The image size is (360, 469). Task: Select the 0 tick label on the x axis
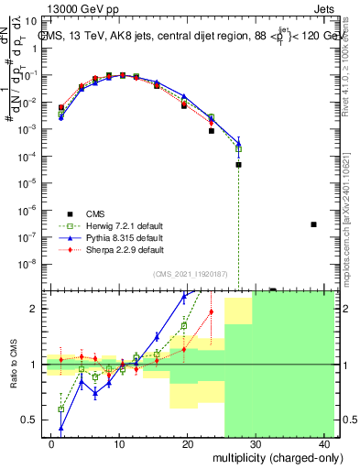click(x=51, y=442)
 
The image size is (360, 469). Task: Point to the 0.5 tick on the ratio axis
click(x=32, y=420)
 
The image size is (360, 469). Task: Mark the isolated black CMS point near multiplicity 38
click(x=313, y=224)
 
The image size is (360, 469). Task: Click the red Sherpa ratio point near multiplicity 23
click(x=211, y=312)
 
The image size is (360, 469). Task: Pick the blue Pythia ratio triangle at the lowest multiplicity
click(x=61, y=428)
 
